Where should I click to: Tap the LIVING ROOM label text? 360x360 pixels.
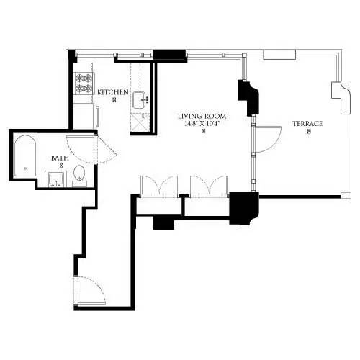tap(203, 116)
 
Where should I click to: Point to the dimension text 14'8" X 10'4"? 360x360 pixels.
tap(203, 124)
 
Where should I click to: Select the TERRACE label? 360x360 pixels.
tap(307, 124)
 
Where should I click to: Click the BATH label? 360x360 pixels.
tap(60, 158)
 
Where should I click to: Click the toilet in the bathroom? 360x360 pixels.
tap(79, 174)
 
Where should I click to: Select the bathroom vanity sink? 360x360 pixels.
tap(55, 177)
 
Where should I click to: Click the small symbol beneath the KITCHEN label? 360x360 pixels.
tap(114, 100)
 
